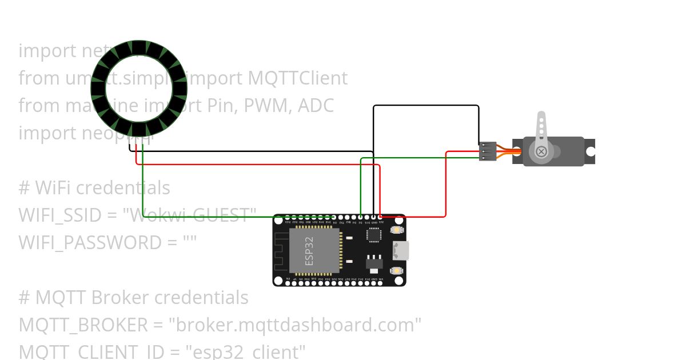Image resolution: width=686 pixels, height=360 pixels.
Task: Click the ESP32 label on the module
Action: [x=309, y=250]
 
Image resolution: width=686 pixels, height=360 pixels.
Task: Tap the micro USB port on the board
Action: [x=400, y=250]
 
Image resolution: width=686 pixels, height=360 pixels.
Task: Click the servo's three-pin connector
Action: [x=486, y=151]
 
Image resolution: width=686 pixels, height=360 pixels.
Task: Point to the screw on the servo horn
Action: [x=540, y=151]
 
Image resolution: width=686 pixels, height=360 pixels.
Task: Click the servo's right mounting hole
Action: [x=590, y=151]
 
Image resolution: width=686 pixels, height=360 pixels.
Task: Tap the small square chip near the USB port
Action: [x=373, y=235]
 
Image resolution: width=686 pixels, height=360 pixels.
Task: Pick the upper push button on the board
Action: [x=395, y=230]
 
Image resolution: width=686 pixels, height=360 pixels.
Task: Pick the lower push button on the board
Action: [x=395, y=270]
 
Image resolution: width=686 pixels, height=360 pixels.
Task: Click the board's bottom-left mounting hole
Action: [x=278, y=281]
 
